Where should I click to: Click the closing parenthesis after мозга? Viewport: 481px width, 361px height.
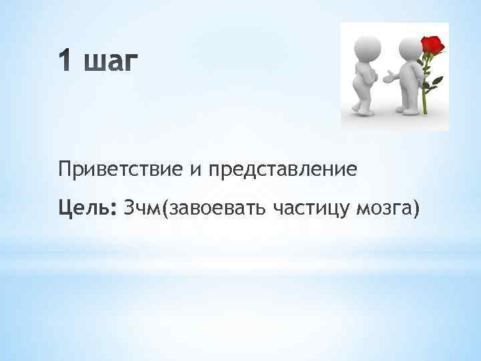click(x=417, y=210)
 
